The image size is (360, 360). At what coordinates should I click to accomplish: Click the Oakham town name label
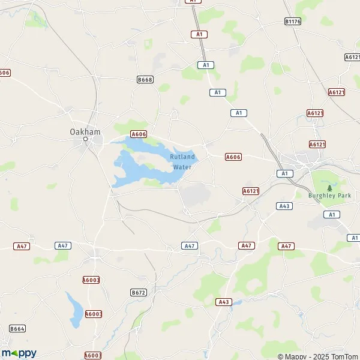[x=85, y=131]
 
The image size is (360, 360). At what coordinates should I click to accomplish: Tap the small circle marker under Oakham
[x=85, y=139]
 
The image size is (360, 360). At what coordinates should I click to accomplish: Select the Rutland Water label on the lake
[x=182, y=161]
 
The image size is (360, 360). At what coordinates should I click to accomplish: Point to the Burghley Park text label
[x=329, y=196]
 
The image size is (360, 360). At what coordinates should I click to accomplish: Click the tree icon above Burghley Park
[x=329, y=188]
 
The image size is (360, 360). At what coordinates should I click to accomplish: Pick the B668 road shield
[x=145, y=79]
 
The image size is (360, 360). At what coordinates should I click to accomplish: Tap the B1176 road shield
[x=292, y=21]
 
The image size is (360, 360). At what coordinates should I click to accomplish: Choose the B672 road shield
[x=138, y=292]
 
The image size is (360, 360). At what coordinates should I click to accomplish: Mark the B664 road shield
[x=17, y=328]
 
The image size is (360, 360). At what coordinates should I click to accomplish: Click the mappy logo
[x=19, y=353]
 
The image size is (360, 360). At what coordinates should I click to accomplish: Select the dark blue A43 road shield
[x=284, y=206]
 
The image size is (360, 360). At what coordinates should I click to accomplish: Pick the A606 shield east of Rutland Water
[x=233, y=157]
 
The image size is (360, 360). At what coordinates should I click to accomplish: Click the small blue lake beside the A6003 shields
[x=75, y=306]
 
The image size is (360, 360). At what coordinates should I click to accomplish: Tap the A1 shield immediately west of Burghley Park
[x=284, y=173]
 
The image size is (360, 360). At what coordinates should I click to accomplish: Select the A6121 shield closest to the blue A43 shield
[x=251, y=191]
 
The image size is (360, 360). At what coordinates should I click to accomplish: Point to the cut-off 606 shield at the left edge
[x=5, y=73]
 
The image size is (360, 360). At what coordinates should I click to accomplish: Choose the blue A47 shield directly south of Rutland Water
[x=190, y=246]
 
